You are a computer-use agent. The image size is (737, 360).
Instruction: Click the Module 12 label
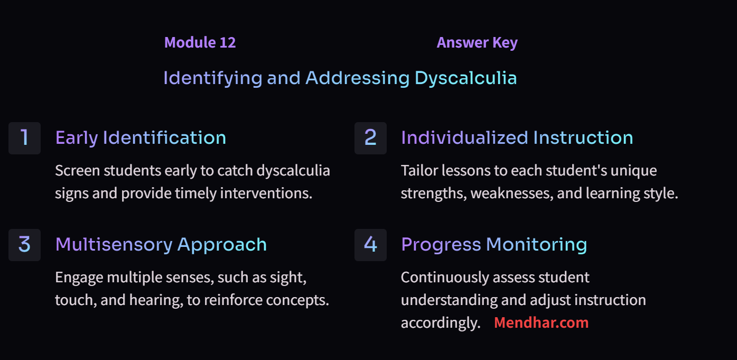pos(200,43)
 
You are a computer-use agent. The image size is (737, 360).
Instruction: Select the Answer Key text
pos(477,43)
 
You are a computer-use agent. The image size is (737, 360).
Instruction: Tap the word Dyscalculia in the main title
pos(465,78)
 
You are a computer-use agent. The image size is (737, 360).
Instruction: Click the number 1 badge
pos(24,138)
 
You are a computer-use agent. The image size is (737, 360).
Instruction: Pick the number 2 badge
pos(370,138)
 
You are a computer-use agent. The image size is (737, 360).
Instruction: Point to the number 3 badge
pos(24,245)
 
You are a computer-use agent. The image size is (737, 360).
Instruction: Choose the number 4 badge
pos(370,245)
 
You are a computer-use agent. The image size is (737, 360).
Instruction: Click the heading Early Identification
pos(141,138)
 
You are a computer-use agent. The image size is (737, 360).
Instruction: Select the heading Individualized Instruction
pos(517,138)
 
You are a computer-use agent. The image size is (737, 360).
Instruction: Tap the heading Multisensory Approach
pos(161,245)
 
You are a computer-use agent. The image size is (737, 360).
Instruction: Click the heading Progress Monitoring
pos(494,245)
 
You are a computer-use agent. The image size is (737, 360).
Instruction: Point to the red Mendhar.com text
pos(541,323)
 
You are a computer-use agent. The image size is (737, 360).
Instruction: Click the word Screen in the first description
pos(77,171)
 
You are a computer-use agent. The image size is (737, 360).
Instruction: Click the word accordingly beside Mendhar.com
pos(440,323)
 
